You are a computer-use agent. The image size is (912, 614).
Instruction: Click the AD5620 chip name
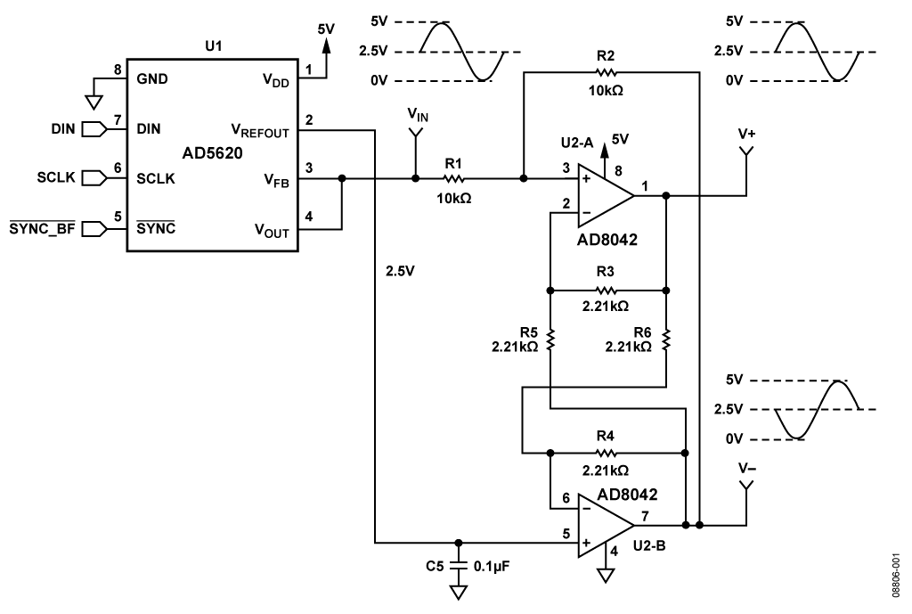[213, 154]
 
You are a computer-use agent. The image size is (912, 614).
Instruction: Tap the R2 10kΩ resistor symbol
[606, 74]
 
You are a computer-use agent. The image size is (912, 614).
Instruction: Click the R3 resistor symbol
[607, 290]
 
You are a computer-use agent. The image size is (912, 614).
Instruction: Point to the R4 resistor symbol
[607, 453]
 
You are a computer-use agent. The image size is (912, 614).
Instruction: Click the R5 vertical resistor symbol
[551, 340]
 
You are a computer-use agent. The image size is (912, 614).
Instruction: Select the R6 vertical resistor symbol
[666, 340]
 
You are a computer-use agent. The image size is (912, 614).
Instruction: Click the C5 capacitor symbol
[458, 564]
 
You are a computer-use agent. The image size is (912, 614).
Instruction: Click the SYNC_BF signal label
[41, 229]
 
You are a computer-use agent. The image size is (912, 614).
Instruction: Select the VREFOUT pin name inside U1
[261, 130]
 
